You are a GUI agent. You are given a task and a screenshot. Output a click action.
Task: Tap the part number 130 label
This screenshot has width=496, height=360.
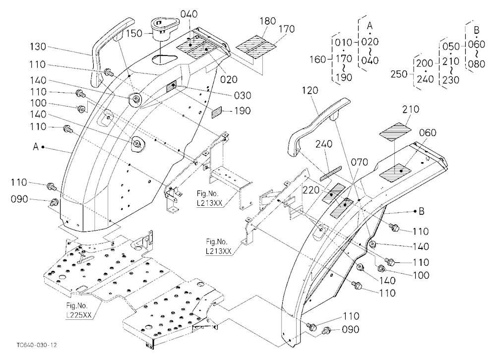(38, 47)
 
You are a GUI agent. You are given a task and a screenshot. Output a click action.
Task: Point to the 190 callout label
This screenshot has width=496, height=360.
(243, 111)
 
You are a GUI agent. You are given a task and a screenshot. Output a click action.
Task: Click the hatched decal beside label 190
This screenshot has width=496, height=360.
(218, 112)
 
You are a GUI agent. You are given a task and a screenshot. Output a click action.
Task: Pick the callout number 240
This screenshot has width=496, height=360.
(324, 144)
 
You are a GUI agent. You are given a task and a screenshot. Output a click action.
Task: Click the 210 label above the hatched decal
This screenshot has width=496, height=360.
(411, 110)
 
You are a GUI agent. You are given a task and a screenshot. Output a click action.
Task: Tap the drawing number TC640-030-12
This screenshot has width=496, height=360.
(37, 345)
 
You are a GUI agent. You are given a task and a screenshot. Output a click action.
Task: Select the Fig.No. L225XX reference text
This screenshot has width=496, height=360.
(77, 310)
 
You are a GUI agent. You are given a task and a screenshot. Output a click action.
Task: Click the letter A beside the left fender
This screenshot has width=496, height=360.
(36, 147)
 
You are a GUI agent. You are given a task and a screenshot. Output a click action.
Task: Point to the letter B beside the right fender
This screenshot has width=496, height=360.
(421, 211)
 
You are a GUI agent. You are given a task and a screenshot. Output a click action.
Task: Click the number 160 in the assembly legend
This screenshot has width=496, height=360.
(318, 59)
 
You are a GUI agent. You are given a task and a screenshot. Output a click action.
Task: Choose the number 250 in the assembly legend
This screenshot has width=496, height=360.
(399, 74)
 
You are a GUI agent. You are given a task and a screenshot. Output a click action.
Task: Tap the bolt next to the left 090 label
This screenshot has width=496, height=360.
(55, 201)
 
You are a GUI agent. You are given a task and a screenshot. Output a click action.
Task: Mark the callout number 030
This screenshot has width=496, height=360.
(243, 96)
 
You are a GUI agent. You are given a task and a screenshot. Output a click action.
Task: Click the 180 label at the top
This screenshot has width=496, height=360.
(268, 22)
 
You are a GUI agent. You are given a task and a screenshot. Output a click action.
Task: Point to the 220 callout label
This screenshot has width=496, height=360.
(311, 190)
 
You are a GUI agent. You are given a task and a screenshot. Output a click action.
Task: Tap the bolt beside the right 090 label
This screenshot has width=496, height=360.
(325, 331)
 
